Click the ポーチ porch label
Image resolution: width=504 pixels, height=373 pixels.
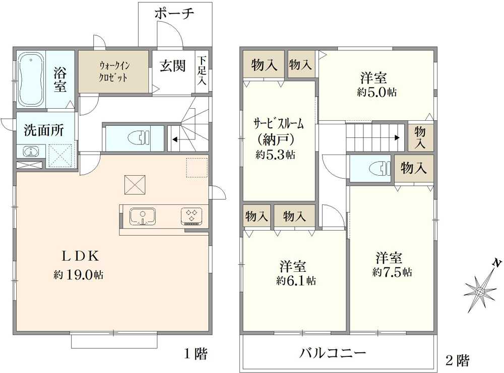pyautogui.click(x=174, y=14)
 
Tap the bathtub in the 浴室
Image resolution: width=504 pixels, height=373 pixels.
pyautogui.click(x=31, y=79)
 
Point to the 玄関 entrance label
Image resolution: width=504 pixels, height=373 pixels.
pyautogui.click(x=173, y=66)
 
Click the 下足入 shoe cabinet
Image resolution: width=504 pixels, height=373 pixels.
pyautogui.click(x=202, y=70)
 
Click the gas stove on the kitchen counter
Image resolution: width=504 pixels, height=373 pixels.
pyautogui.click(x=192, y=216)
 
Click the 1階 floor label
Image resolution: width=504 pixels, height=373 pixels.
pyautogui.click(x=194, y=354)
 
